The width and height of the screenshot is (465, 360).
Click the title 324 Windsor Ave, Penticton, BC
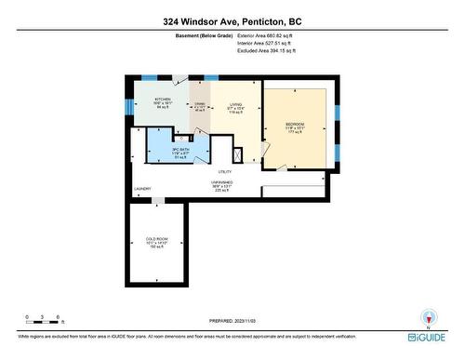pos(232,20)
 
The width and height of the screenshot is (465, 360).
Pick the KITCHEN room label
pos(163,99)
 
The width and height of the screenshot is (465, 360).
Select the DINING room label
pos(199,104)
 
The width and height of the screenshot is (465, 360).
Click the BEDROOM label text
pos(295,124)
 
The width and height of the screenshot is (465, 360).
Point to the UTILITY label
pos(225,172)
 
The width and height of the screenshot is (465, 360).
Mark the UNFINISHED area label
pos(224,182)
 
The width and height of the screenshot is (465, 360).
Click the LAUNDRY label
pos(142,189)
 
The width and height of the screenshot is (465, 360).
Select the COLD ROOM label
pos(155,239)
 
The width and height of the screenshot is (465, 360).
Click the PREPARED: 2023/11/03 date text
pos(232,322)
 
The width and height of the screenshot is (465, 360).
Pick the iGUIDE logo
pos(431,336)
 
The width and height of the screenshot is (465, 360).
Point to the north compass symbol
pos(429,316)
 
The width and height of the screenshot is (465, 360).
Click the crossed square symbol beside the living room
pos(239,154)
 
